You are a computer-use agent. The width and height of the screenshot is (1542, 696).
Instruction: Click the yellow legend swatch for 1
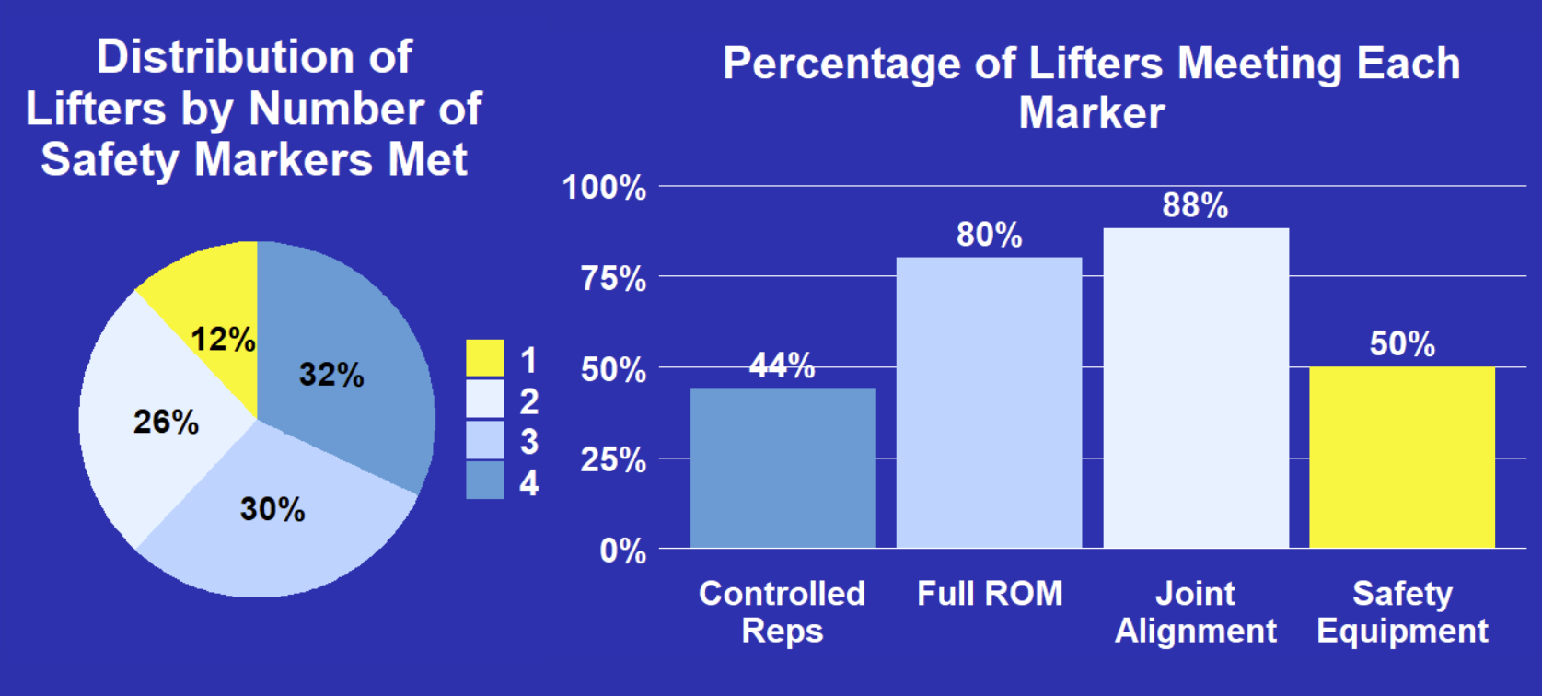click(484, 358)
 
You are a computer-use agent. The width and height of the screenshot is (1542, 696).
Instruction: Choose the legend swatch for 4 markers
click(484, 480)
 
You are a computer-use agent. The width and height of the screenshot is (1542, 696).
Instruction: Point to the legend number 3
click(528, 441)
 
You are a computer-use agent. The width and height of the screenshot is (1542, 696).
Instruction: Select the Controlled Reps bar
click(783, 468)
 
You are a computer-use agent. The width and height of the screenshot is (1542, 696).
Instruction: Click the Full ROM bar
click(990, 402)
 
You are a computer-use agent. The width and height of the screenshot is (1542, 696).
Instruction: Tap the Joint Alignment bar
click(1197, 389)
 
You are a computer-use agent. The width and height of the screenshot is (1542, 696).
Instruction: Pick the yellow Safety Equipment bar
click(1402, 458)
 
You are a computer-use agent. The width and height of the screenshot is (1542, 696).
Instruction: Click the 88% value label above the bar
click(1195, 205)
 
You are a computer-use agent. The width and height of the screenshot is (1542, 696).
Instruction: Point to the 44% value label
click(782, 365)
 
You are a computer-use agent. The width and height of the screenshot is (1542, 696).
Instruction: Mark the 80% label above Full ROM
click(990, 235)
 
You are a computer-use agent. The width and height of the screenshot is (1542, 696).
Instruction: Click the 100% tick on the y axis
click(605, 187)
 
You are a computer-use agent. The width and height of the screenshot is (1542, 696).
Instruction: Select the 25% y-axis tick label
click(613, 459)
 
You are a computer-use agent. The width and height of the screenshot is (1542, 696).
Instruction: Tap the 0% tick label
click(623, 551)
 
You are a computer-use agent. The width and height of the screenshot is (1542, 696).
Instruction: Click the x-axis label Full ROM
click(990, 594)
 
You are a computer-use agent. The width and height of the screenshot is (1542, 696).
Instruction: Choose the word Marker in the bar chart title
click(1092, 112)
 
